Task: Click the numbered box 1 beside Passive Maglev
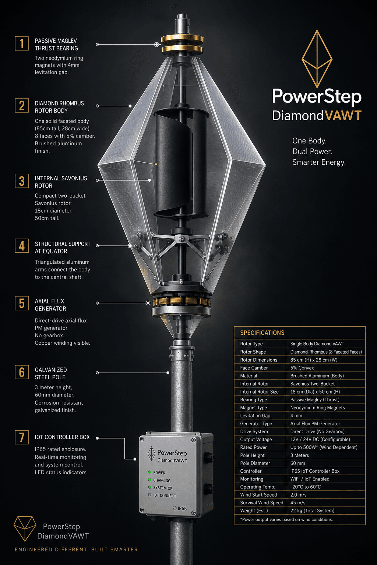22,43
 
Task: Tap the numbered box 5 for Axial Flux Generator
22,303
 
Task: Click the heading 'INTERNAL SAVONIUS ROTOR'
61,182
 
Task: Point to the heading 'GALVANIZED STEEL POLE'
51,373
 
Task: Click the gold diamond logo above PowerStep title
317,59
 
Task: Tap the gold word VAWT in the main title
343,116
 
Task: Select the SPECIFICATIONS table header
262,333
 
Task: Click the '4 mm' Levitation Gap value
296,415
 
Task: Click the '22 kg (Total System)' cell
312,511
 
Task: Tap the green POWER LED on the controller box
149,472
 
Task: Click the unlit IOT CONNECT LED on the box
149,495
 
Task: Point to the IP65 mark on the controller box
180,508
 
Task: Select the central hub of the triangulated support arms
181,238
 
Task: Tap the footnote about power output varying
286,519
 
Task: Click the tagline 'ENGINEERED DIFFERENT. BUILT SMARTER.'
77,549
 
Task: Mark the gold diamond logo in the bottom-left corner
25,529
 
